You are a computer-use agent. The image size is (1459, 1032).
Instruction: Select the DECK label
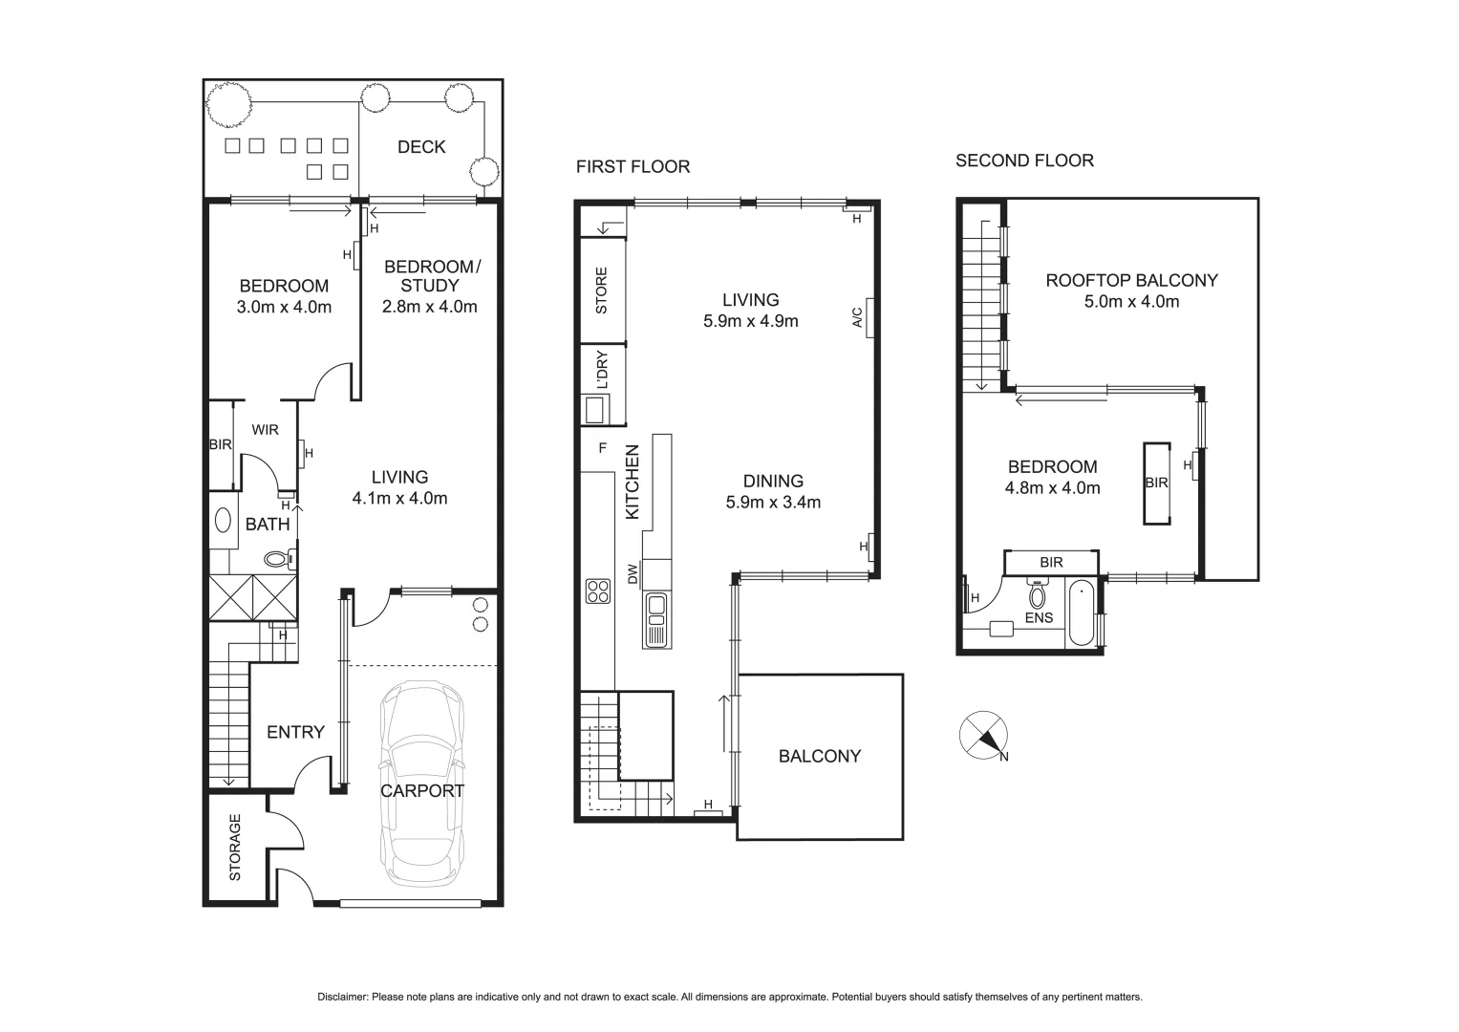(421, 146)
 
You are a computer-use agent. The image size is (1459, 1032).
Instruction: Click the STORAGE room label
(235, 847)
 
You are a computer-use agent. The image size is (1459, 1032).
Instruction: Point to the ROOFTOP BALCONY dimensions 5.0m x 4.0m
(1131, 302)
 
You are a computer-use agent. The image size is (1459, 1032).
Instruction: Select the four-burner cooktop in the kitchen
(598, 591)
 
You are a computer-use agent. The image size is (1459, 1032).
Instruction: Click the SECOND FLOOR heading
(1024, 161)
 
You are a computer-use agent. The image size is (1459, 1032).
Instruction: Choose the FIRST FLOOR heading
(633, 166)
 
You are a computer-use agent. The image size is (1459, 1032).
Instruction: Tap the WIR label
(265, 430)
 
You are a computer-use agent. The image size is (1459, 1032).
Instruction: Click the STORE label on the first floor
(601, 291)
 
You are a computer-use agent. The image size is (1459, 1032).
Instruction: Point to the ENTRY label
(295, 732)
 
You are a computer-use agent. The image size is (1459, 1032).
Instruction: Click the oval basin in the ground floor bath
(224, 521)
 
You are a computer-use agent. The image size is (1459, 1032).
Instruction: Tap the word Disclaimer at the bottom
(342, 997)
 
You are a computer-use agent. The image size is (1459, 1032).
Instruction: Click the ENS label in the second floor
(1039, 617)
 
